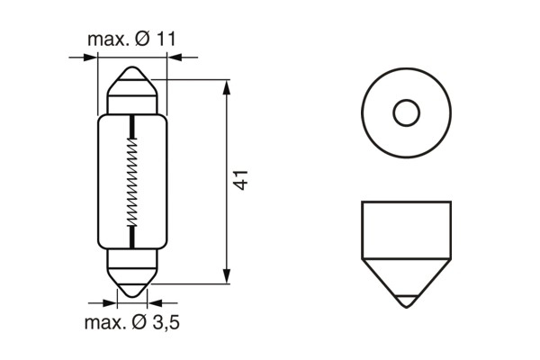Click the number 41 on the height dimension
[241, 179]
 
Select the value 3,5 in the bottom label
[164, 322]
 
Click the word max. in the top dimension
[106, 40]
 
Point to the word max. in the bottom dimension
[103, 322]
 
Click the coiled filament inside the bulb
[133, 180]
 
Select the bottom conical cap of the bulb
[133, 281]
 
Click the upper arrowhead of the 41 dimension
[226, 85]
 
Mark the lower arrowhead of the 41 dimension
[226, 277]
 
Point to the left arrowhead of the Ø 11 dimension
[90, 58]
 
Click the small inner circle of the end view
[407, 113]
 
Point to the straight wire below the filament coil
[133, 237]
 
